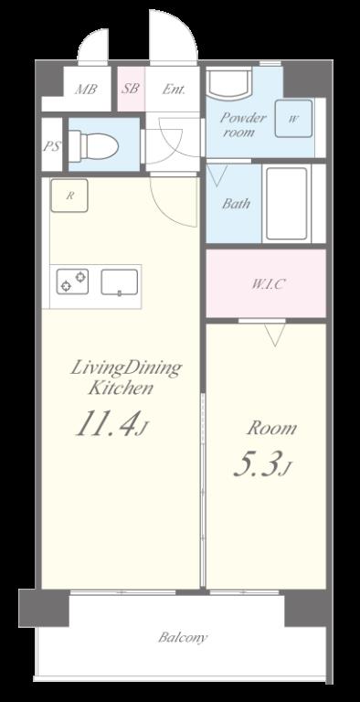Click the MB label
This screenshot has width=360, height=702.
coord(86,89)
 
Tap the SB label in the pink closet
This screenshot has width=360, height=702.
coord(131,88)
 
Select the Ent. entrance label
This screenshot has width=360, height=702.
coord(174,89)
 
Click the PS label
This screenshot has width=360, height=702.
coord(51,146)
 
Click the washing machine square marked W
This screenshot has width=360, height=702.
coord(293,119)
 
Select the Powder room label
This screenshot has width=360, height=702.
coord(243,125)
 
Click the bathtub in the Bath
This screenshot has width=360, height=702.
coord(287,204)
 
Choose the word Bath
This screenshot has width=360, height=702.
coord(236,204)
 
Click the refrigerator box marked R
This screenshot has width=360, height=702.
coord(69,196)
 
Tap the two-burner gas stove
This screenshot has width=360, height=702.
coord(72,282)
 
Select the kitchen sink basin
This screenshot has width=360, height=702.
coord(119,282)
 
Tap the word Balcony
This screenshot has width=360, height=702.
coord(183,637)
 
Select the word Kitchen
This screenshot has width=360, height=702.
coord(121,388)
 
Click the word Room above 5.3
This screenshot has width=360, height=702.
coord(271,429)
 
